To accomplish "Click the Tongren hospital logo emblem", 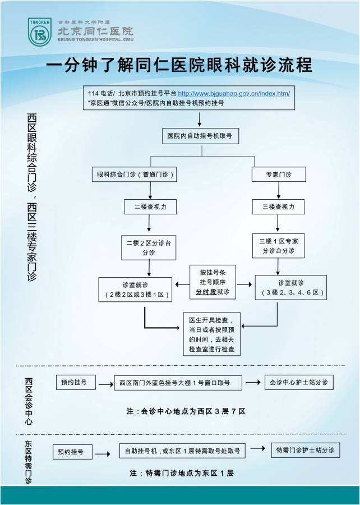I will (40, 31).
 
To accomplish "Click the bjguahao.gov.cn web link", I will (234, 93).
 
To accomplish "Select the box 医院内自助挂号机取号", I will (200, 136).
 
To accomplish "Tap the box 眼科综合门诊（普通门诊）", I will (135, 175).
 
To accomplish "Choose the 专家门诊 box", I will (279, 175).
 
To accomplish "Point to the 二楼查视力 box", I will (150, 207).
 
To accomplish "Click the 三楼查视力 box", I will (279, 207).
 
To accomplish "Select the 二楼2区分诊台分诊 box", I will (149, 247).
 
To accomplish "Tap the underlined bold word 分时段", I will (206, 292).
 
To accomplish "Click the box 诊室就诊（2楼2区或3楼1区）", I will (135, 289).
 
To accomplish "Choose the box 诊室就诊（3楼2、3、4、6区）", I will (290, 288).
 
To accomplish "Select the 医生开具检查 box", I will (211, 334).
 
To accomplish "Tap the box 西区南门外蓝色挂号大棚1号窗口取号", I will (178, 383).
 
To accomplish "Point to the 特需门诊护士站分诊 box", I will (306, 450).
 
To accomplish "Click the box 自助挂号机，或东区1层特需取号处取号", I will (182, 451).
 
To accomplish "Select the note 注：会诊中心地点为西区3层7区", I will (186, 411).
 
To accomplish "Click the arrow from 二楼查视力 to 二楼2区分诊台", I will (150, 224).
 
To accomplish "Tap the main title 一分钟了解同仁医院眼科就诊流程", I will (179, 65).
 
